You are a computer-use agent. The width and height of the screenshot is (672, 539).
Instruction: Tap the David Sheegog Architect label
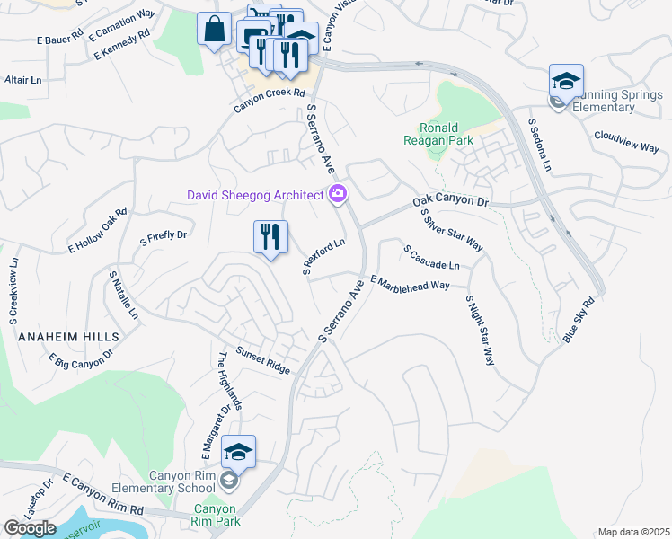pos(254,195)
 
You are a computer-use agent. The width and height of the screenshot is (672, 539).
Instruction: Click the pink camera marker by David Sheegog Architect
pos(339,193)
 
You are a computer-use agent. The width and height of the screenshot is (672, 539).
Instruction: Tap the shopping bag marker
pos(215,30)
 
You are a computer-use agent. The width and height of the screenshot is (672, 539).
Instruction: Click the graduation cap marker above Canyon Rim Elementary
pos(239,452)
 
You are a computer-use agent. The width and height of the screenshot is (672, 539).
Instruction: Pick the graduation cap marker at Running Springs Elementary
pos(566,82)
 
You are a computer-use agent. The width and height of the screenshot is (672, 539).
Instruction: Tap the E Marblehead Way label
pos(409,283)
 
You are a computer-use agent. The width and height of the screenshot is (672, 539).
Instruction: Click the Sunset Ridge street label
pos(263,360)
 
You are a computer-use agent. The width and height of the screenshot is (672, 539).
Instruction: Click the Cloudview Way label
pos(626,142)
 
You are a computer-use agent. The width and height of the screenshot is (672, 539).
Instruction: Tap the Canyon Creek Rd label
pos(270,99)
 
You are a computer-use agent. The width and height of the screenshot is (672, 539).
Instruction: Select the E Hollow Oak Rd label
pos(97,230)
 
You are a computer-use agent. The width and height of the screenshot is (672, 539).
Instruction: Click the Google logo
pos(30,528)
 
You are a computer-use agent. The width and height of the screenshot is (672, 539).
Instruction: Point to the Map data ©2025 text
pos(633,532)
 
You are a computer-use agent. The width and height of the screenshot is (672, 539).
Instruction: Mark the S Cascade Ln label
pos(431,257)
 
